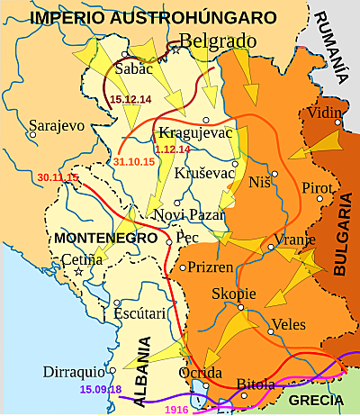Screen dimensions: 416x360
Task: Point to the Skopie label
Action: click(234, 294)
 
